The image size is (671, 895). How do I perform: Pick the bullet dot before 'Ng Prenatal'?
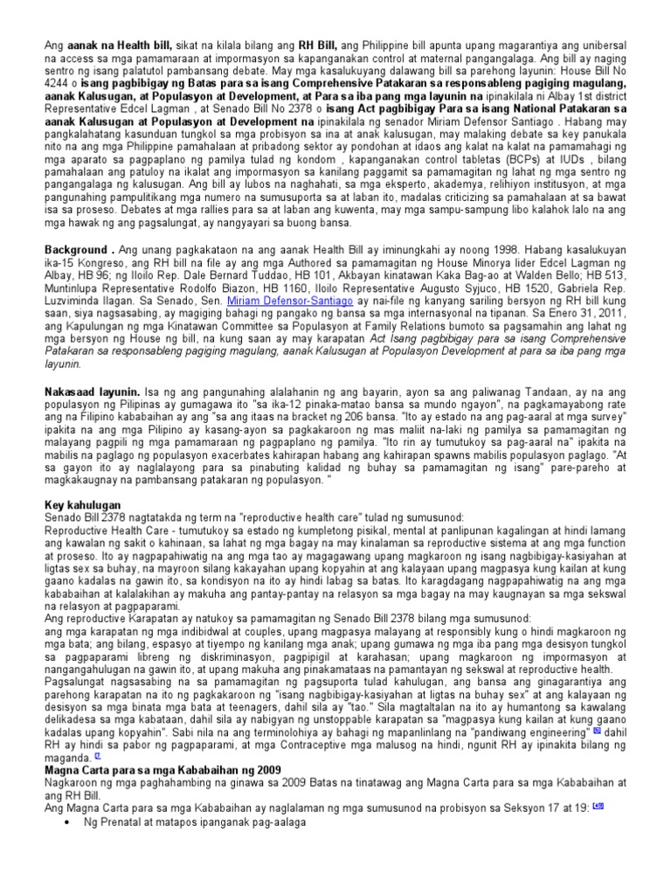tap(68, 873)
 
